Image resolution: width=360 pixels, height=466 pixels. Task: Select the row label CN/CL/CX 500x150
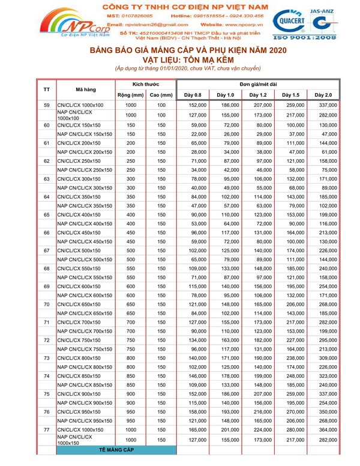click(80, 250)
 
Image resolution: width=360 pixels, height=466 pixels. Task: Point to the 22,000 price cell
click(193, 134)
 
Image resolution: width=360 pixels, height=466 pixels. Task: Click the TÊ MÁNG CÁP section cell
click(116, 449)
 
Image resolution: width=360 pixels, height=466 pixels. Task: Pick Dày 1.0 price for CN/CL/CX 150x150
click(225, 125)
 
